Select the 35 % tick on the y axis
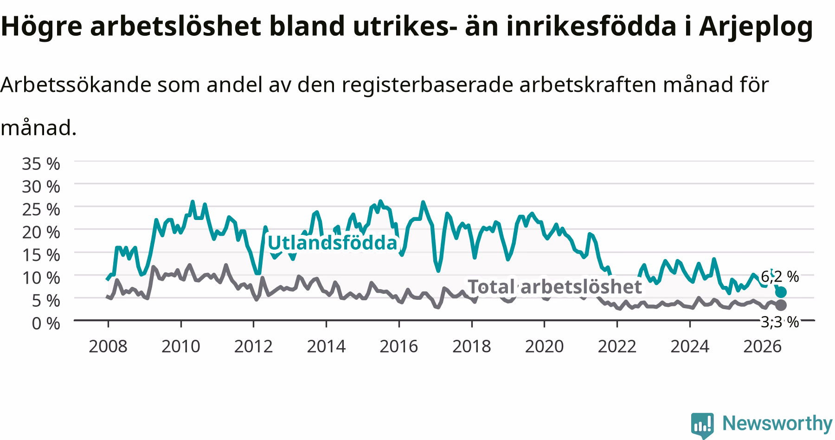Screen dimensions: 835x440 coord(41,164)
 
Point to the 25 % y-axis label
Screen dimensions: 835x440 coord(41,209)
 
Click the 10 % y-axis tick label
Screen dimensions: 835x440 coord(41,278)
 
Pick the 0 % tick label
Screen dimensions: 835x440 coord(46,323)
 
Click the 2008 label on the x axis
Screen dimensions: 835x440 coord(108,346)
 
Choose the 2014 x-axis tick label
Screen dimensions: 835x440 coord(326,346)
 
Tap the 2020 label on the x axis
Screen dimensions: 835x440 coord(544,346)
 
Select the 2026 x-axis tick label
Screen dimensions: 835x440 coord(762,346)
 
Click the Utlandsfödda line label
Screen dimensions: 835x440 coord(333,243)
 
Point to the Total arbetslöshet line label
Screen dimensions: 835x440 coord(554,286)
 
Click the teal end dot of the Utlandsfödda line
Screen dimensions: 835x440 coord(781,292)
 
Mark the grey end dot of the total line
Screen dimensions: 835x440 coord(781,305)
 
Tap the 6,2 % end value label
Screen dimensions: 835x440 coord(780,277)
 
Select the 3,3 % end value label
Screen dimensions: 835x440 coord(780,322)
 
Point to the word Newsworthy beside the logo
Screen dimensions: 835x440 coord(777,423)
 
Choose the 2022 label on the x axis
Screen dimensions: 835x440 coord(617,346)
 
